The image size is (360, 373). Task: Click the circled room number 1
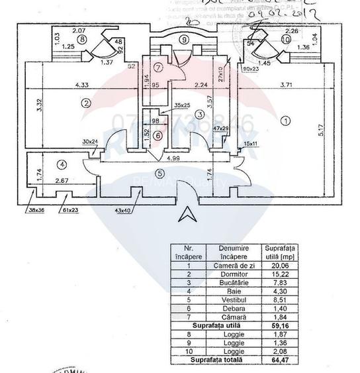coord(285,121)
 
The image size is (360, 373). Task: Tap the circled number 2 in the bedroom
coord(85,103)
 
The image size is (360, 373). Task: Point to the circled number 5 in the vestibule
coord(159,174)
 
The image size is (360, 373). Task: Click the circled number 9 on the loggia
coord(183,39)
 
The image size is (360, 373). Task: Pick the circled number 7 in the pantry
coord(158,68)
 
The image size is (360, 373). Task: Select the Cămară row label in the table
coord(232,315)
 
